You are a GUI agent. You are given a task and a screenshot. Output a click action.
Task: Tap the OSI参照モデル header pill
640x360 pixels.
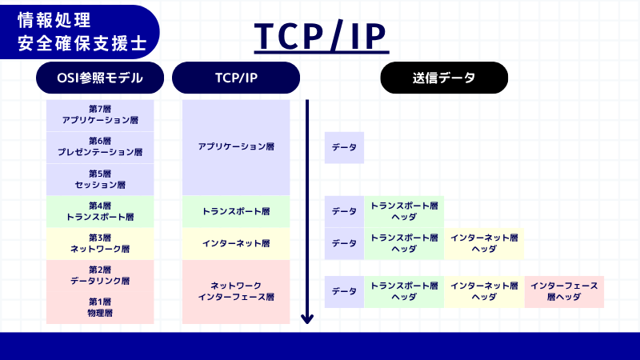coord(100,78)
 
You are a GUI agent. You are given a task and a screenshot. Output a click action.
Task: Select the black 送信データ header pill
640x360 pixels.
coord(444,78)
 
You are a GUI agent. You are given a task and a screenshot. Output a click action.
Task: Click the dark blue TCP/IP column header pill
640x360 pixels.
coord(236,78)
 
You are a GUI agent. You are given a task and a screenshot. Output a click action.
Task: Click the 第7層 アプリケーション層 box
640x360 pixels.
coord(100,115)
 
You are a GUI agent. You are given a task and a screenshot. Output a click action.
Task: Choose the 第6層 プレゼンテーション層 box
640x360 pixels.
coord(100,147)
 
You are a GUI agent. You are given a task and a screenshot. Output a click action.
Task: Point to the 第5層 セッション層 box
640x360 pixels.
coord(100,179)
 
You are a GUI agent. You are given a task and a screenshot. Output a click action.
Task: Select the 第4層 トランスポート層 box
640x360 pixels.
coord(100,211)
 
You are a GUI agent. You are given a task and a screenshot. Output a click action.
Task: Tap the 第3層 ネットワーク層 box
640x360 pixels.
coord(100,243)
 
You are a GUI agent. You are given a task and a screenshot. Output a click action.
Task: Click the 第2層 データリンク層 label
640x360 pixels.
coord(100,275)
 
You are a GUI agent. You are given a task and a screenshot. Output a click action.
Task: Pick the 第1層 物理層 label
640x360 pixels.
coord(100,307)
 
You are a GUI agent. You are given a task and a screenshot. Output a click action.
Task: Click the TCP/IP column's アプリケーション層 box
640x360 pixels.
coord(236,147)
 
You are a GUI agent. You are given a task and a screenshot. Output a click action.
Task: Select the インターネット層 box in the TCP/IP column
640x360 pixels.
coord(236,243)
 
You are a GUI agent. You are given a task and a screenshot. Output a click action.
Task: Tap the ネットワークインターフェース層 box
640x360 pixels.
coord(236,291)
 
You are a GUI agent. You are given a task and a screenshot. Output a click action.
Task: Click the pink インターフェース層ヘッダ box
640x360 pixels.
coord(564,291)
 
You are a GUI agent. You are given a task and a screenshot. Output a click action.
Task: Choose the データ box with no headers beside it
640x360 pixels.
coord(344,147)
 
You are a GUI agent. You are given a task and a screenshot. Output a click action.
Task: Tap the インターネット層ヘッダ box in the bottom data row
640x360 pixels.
coord(484,291)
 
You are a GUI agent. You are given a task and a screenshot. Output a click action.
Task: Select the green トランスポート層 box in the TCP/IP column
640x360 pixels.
coord(236,211)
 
